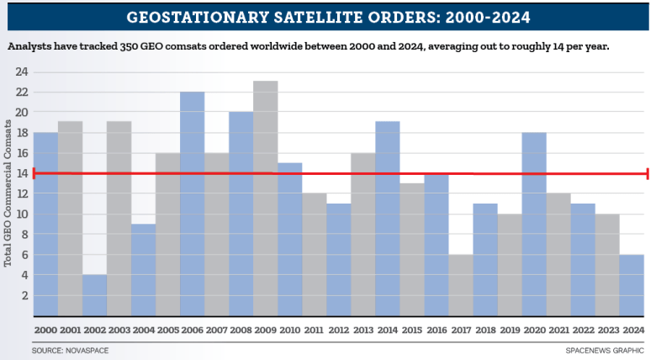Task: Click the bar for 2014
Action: tap(387, 219)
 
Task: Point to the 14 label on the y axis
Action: tap(23, 173)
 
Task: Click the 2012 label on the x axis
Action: tap(338, 331)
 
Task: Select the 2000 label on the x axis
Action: tap(45, 331)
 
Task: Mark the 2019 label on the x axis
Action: tap(509, 331)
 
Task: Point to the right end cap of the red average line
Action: tap(647, 173)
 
